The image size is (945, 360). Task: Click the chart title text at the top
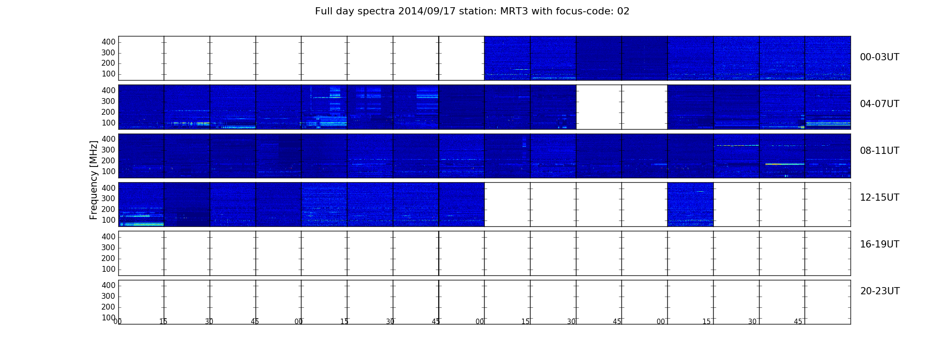(472, 11)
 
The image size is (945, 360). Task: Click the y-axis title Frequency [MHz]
(94, 180)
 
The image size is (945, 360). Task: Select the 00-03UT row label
(879, 57)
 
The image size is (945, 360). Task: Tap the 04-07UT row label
(879, 104)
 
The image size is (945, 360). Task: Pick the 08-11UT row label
(879, 151)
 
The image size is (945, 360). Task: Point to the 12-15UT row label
(879, 198)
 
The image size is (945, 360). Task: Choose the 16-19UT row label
(879, 244)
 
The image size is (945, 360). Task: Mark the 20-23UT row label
(880, 291)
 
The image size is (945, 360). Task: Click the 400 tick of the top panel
(108, 42)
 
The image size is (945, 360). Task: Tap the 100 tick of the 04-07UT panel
(108, 123)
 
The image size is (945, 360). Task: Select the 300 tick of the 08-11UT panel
(108, 150)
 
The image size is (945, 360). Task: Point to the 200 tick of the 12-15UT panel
(108, 209)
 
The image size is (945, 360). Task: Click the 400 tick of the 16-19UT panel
(108, 237)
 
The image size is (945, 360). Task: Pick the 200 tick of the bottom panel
(108, 307)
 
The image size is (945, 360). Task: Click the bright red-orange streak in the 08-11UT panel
(785, 164)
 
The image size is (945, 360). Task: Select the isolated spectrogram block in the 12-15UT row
(690, 204)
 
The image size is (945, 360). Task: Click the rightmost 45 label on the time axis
(798, 322)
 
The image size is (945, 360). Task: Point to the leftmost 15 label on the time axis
(163, 322)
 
